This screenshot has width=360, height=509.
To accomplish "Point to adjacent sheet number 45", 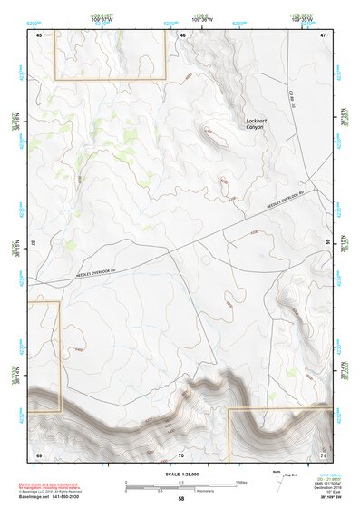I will point(39,35).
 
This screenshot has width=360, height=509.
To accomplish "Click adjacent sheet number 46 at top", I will point(182,35).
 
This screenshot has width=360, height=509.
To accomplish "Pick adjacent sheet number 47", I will point(324,35).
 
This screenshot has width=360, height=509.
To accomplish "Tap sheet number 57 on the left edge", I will point(34,244).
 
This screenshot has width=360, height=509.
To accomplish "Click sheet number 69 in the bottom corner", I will point(39,454).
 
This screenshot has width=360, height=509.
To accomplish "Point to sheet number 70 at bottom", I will point(181,454).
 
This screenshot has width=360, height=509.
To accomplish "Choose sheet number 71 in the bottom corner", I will point(324,454).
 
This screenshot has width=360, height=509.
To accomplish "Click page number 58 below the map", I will point(181,498).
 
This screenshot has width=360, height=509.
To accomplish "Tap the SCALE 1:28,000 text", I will point(181,474).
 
